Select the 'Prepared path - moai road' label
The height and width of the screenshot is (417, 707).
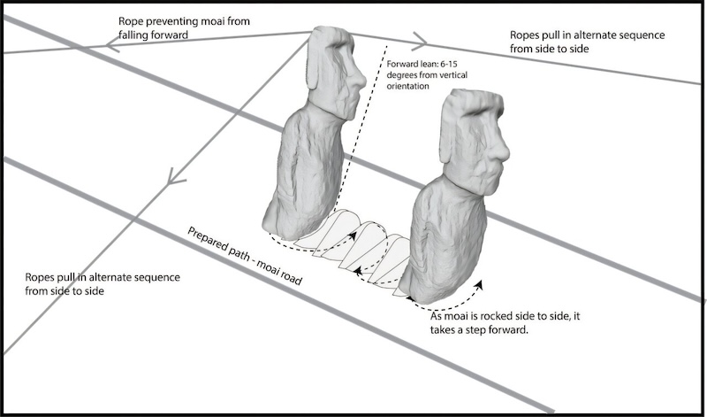(244, 256)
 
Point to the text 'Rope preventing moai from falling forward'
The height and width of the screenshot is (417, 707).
(184, 27)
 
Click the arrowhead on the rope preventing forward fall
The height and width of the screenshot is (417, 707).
(113, 45)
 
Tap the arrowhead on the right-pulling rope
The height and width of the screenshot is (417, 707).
(419, 41)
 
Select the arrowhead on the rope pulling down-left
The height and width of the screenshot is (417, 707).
(175, 177)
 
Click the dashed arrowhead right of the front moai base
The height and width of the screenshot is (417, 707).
(479, 284)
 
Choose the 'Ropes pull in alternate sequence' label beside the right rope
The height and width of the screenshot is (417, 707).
(587, 42)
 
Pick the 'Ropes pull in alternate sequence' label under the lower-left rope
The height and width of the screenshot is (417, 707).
(103, 283)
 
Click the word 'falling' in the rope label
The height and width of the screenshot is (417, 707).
(134, 35)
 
